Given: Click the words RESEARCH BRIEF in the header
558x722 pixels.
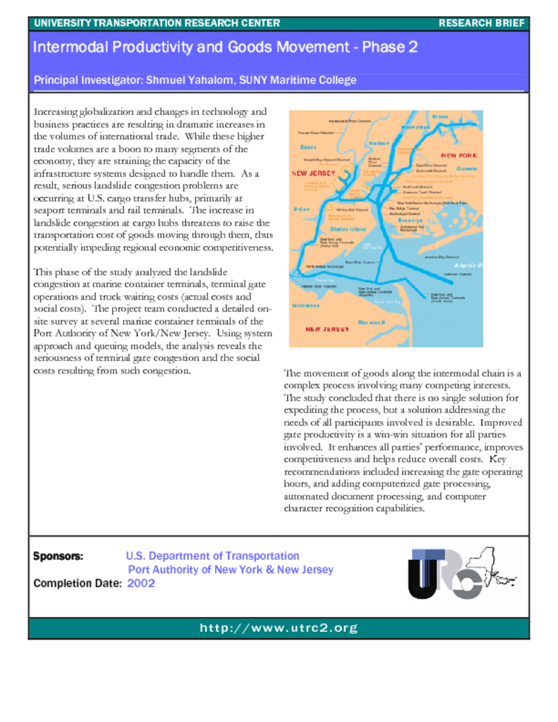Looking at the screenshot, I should tap(482, 23).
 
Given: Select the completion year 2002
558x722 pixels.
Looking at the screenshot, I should tap(141, 583).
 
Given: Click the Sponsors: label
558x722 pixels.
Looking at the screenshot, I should tap(58, 556).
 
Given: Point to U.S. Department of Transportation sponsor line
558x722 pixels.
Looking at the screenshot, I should tap(212, 556).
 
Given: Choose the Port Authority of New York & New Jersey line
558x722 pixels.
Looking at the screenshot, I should tap(230, 570).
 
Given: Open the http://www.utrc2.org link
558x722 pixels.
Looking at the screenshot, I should tap(279, 628).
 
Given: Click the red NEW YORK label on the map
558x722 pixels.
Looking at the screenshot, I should tap(459, 155).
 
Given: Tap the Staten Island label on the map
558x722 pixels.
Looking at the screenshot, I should tap(348, 229).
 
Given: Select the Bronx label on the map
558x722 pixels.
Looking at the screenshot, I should tap(440, 116).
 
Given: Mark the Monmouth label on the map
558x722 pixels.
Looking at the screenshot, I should tap(372, 322).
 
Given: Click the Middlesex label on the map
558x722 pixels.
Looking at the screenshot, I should tap(306, 305).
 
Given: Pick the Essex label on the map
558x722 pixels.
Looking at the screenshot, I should tap(308, 147).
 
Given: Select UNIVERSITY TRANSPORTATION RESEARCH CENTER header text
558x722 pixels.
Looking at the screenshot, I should tap(157, 23).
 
